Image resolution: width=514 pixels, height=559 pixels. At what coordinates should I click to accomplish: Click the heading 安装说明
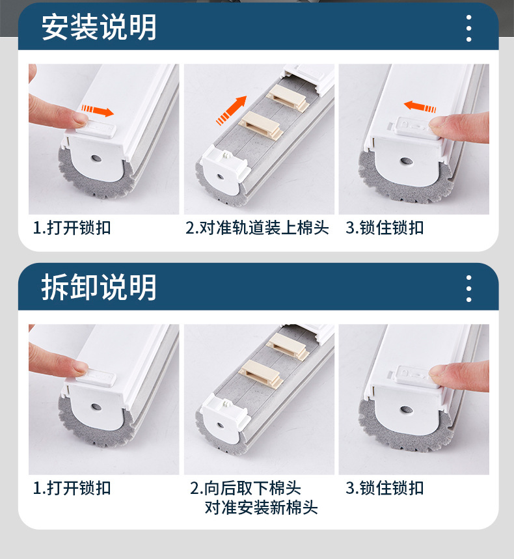[x=99, y=27]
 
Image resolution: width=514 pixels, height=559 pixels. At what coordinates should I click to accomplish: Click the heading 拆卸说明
[x=99, y=287]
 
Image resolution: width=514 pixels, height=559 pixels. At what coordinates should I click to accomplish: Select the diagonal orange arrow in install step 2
[x=232, y=109]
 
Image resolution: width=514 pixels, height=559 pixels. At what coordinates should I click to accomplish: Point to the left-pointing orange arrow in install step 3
[x=420, y=106]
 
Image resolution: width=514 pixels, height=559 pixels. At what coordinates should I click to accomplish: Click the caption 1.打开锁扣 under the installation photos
[x=72, y=228]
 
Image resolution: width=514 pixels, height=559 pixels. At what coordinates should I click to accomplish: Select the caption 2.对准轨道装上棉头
[x=257, y=228]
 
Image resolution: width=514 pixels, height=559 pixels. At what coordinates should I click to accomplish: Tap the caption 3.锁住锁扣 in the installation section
[x=385, y=228]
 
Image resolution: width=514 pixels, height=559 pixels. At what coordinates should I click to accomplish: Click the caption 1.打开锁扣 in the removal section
[x=72, y=488]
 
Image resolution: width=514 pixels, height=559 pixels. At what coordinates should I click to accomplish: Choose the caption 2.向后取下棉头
[x=245, y=488]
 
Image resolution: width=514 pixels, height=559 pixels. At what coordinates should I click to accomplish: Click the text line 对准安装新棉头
[x=261, y=508]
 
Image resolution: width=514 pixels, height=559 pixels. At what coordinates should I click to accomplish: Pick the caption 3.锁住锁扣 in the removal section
[x=385, y=488]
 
